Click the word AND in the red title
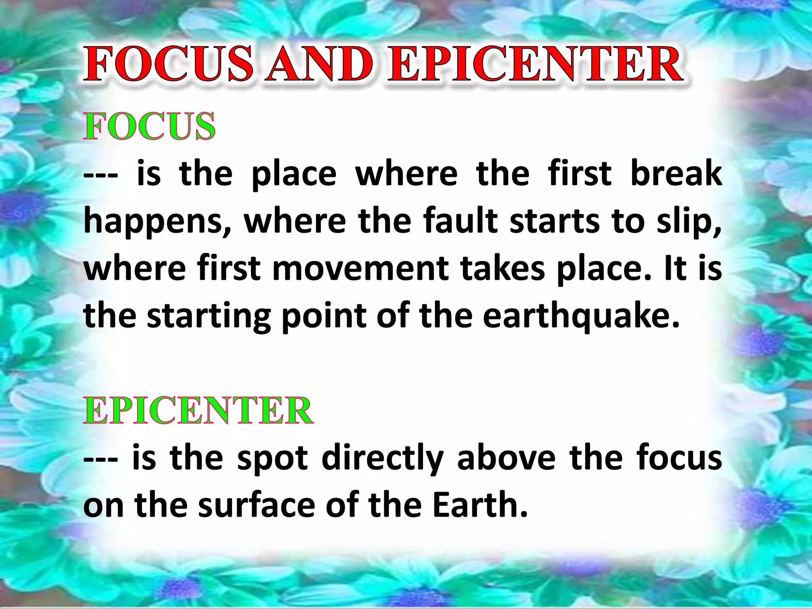point(320,64)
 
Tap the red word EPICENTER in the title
point(535,64)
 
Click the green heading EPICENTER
point(199,411)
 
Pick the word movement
point(360,268)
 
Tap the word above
point(506,458)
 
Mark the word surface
point(256,505)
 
